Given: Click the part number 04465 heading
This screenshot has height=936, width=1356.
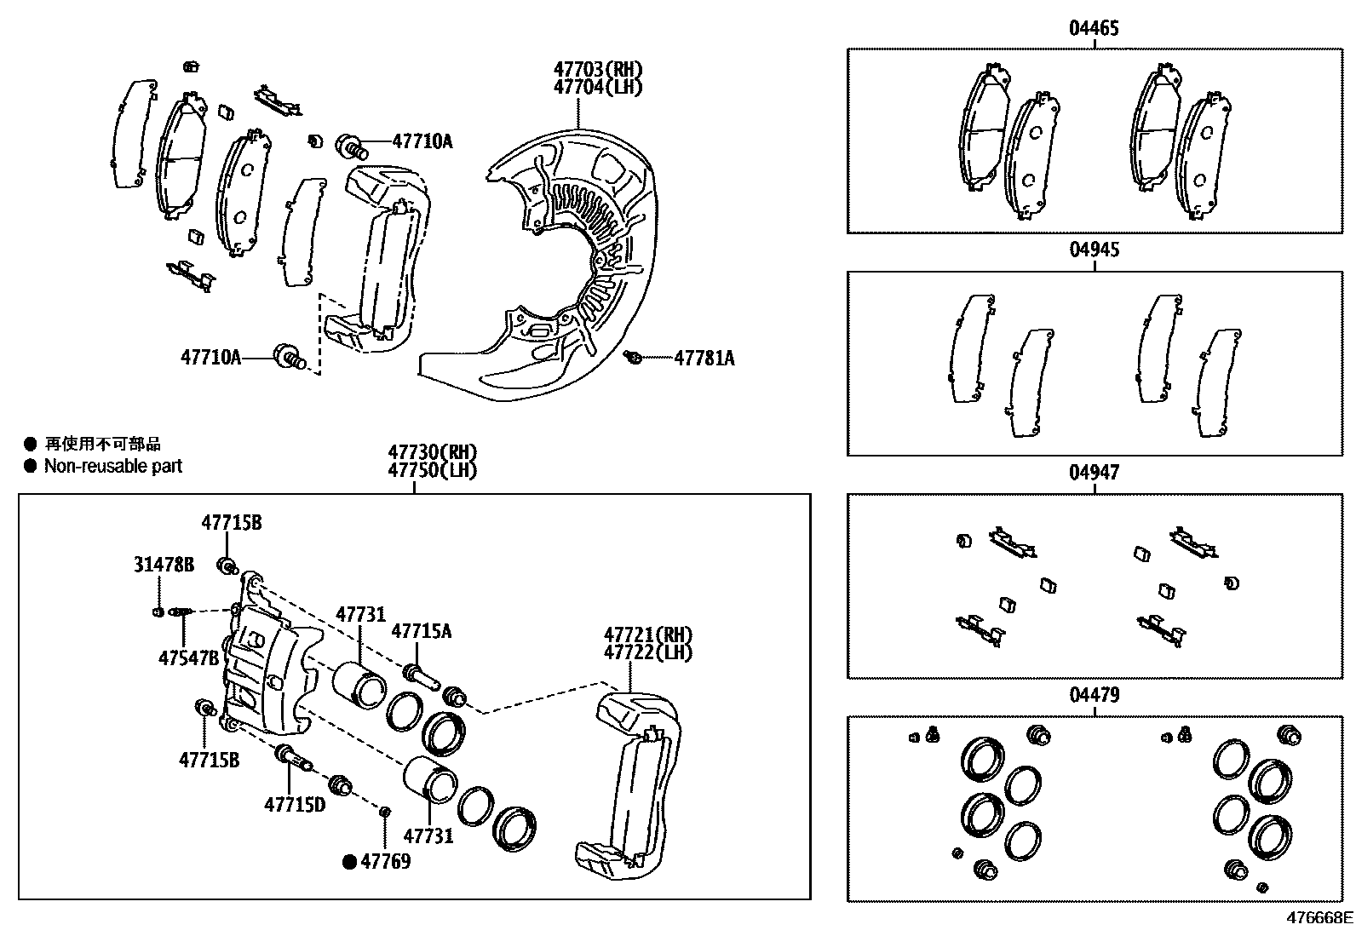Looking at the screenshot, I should [x=1094, y=29].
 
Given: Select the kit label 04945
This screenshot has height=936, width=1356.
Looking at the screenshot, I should [x=1094, y=250].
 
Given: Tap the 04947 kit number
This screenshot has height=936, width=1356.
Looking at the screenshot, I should [x=1094, y=473].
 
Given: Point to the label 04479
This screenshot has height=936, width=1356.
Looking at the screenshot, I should [x=1094, y=695].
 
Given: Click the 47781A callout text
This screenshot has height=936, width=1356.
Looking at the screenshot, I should [x=704, y=359].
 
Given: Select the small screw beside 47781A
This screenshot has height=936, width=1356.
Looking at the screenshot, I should [x=632, y=358].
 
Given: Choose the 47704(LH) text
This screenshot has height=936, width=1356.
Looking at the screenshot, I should [x=597, y=87].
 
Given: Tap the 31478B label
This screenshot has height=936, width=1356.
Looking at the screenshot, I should [x=164, y=565].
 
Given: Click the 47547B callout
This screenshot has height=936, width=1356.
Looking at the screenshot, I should [x=189, y=658].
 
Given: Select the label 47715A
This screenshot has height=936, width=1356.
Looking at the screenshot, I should [x=421, y=631].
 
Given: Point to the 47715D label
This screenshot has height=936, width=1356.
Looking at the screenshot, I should [x=295, y=803].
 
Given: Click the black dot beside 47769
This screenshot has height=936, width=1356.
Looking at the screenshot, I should [x=349, y=862].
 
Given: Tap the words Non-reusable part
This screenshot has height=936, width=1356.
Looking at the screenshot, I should [x=113, y=466].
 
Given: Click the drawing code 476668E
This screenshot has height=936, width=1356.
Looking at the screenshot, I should [x=1319, y=918].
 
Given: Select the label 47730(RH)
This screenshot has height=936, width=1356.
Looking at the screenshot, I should [x=432, y=452].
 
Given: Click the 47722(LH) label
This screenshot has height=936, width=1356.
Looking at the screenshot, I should [x=648, y=652].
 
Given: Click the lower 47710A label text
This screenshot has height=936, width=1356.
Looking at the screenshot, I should [x=210, y=357].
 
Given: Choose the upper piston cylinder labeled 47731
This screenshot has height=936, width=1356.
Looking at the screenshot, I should [x=359, y=684].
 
